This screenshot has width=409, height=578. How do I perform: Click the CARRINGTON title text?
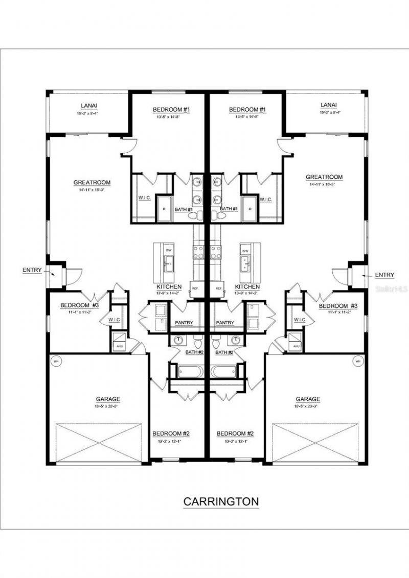tap(221, 502)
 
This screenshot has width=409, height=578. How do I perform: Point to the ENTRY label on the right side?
tap(384, 275)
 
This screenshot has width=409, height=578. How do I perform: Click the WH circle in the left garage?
tap(55, 361)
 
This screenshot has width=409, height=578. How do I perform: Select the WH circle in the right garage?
tap(357, 361)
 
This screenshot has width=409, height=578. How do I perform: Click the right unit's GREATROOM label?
tap(324, 177)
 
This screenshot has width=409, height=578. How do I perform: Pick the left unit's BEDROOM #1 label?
tap(171, 110)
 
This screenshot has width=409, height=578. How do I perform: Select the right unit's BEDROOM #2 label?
tap(235, 433)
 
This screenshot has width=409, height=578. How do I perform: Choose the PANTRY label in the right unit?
tap(225, 323)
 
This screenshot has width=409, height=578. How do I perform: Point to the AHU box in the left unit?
tap(119, 346)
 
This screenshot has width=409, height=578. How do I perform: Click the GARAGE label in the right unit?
tap(308, 399)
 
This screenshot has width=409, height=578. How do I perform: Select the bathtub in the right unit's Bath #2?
tap(225, 371)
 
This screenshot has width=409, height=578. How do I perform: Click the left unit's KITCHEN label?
tap(169, 287)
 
